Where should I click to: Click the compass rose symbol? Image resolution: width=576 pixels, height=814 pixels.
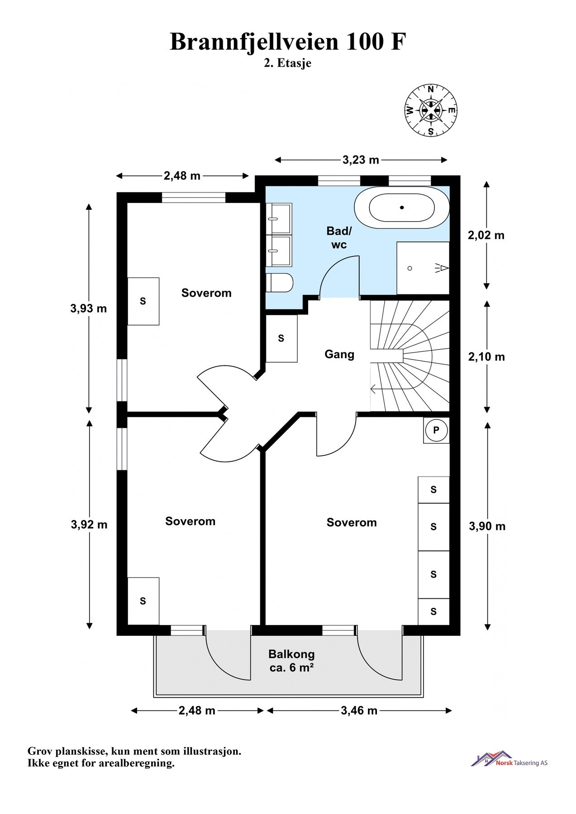pyautogui.click(x=430, y=110)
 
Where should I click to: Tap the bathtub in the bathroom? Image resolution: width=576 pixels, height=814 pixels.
pyautogui.click(x=402, y=208)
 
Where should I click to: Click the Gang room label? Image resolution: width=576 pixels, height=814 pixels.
pyautogui.click(x=339, y=354)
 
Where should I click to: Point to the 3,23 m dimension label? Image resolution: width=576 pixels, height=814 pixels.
pyautogui.click(x=361, y=160)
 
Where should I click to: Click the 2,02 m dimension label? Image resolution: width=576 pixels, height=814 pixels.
pyautogui.click(x=486, y=235)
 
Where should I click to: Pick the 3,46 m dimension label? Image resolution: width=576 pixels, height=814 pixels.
pyautogui.click(x=359, y=710)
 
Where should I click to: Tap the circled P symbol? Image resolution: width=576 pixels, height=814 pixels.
pyautogui.click(x=436, y=430)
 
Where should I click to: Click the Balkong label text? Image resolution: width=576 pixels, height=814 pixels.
pyautogui.click(x=291, y=654)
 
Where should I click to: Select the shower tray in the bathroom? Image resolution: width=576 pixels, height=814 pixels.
pyautogui.click(x=423, y=268)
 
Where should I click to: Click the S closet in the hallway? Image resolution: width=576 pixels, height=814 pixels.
pyautogui.click(x=281, y=338)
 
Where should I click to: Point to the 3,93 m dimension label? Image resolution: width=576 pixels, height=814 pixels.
pyautogui.click(x=89, y=308)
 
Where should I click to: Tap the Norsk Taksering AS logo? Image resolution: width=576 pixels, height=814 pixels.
pyautogui.click(x=509, y=759)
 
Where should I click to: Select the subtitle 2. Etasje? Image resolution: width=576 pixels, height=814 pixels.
pyautogui.click(x=288, y=64)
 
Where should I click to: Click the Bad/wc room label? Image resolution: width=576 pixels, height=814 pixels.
pyautogui.click(x=339, y=238)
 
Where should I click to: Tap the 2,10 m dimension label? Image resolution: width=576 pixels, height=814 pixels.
pyautogui.click(x=486, y=357)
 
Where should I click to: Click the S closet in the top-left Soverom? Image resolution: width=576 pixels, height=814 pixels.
pyautogui.click(x=143, y=301)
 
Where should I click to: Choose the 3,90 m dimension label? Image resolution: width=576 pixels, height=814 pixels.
pyautogui.click(x=487, y=526)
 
